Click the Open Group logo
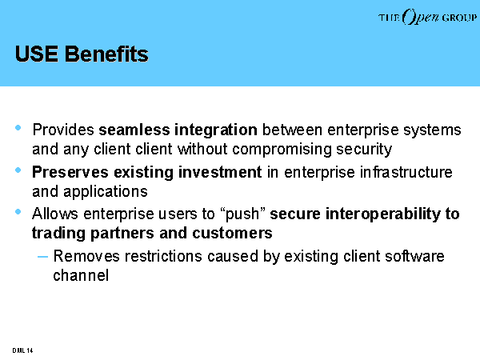pyautogui.click(x=427, y=17)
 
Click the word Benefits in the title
pyautogui.click(x=106, y=54)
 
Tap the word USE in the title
pyautogui.click(x=37, y=54)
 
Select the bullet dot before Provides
pyautogui.click(x=18, y=127)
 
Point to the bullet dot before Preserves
pyautogui.click(x=18, y=170)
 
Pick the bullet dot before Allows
pyautogui.click(x=18, y=211)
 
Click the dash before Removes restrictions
pyautogui.click(x=42, y=257)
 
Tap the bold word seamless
pyautogui.click(x=134, y=130)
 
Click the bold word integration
pyautogui.click(x=216, y=130)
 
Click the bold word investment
pyautogui.click(x=220, y=172)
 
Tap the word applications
pyautogui.click(x=106, y=192)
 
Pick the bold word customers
pyautogui.click(x=232, y=233)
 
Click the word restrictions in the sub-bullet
pyautogui.click(x=163, y=256)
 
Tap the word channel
pyautogui.click(x=81, y=275)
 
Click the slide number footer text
pyautogui.click(x=22, y=350)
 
